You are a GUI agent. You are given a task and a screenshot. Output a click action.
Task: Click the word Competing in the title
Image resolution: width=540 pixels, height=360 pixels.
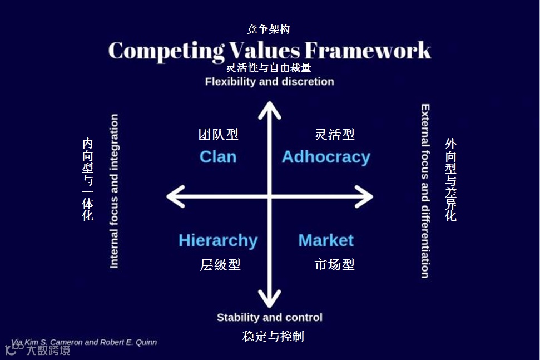click(x=166, y=51)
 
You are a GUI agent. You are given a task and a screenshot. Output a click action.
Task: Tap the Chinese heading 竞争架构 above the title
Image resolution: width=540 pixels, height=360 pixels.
click(x=269, y=29)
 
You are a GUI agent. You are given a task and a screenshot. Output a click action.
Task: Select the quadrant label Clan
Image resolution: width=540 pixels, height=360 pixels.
click(x=218, y=157)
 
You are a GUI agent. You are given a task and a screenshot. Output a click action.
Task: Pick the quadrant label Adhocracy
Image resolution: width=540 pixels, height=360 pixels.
click(x=326, y=157)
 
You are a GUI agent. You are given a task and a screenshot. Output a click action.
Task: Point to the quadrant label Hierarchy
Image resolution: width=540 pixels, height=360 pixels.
click(x=218, y=240)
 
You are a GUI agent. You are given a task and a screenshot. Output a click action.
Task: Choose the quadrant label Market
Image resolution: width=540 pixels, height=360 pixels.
click(x=326, y=240)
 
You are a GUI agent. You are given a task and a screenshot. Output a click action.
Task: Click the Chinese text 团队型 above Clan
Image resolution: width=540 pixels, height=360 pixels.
click(x=219, y=134)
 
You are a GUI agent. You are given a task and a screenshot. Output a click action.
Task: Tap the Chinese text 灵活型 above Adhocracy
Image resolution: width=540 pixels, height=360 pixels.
click(x=334, y=134)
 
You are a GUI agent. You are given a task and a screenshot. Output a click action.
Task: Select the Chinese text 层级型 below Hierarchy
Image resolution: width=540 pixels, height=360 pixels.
click(x=220, y=265)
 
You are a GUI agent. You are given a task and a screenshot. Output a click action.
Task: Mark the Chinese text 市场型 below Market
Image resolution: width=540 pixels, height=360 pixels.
click(x=334, y=265)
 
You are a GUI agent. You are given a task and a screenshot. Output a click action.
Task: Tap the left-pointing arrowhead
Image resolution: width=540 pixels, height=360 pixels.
click(x=174, y=196)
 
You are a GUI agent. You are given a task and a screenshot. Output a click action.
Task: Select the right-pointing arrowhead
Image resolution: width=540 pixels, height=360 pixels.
click(x=366, y=196)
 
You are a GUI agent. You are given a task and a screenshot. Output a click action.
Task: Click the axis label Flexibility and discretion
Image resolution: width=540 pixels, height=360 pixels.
click(x=270, y=82)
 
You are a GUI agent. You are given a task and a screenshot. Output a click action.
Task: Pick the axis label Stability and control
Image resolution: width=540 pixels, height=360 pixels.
click(x=270, y=318)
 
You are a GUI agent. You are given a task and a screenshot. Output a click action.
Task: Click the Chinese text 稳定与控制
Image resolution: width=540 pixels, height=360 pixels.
click(x=273, y=337)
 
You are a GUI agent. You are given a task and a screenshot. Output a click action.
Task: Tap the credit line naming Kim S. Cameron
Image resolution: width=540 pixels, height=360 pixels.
click(x=84, y=342)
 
